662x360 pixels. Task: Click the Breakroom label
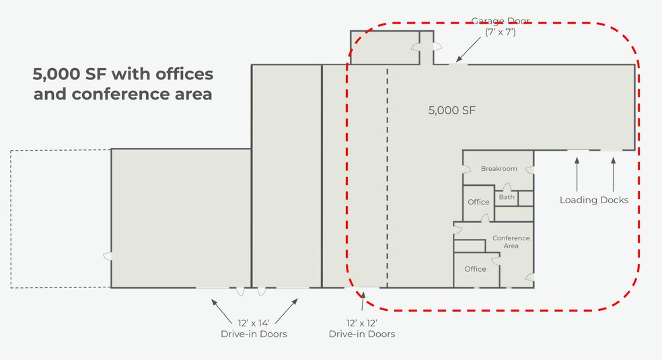tap(499, 169)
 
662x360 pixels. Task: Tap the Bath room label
tap(507, 197)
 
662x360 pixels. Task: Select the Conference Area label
tap(511, 242)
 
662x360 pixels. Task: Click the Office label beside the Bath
tap(478, 202)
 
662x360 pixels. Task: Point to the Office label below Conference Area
tap(475, 269)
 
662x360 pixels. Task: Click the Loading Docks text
tap(594, 200)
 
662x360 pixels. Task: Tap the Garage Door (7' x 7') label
tap(501, 27)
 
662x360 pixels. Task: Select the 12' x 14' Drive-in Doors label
tap(254, 329)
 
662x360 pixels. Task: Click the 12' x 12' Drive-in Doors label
tap(362, 329)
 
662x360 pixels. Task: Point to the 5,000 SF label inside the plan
tap(451, 110)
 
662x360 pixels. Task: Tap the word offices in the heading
tap(184, 74)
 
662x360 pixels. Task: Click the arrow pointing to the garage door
tap(468, 49)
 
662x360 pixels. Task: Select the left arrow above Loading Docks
tap(577, 174)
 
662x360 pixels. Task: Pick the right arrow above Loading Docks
tap(613, 174)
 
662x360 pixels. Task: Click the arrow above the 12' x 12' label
tap(363, 301)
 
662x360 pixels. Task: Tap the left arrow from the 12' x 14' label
tap(221, 311)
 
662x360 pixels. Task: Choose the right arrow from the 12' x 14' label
tap(286, 311)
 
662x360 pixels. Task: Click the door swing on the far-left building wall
tap(108, 256)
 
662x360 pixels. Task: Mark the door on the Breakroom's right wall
tap(530, 170)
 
